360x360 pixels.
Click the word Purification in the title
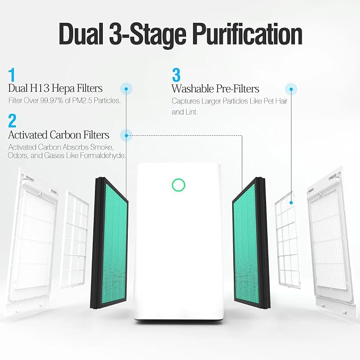(x=247, y=36)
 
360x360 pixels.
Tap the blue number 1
(x=12, y=75)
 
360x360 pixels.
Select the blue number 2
(x=12, y=121)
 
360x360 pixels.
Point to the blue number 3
(x=177, y=75)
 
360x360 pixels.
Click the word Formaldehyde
(x=103, y=156)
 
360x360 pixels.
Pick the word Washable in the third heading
(x=192, y=89)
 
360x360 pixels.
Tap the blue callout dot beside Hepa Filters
(x=126, y=89)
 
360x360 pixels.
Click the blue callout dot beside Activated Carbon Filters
(x=126, y=136)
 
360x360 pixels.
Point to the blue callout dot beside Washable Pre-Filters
(x=291, y=89)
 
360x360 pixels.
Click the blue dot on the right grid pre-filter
(x=291, y=203)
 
